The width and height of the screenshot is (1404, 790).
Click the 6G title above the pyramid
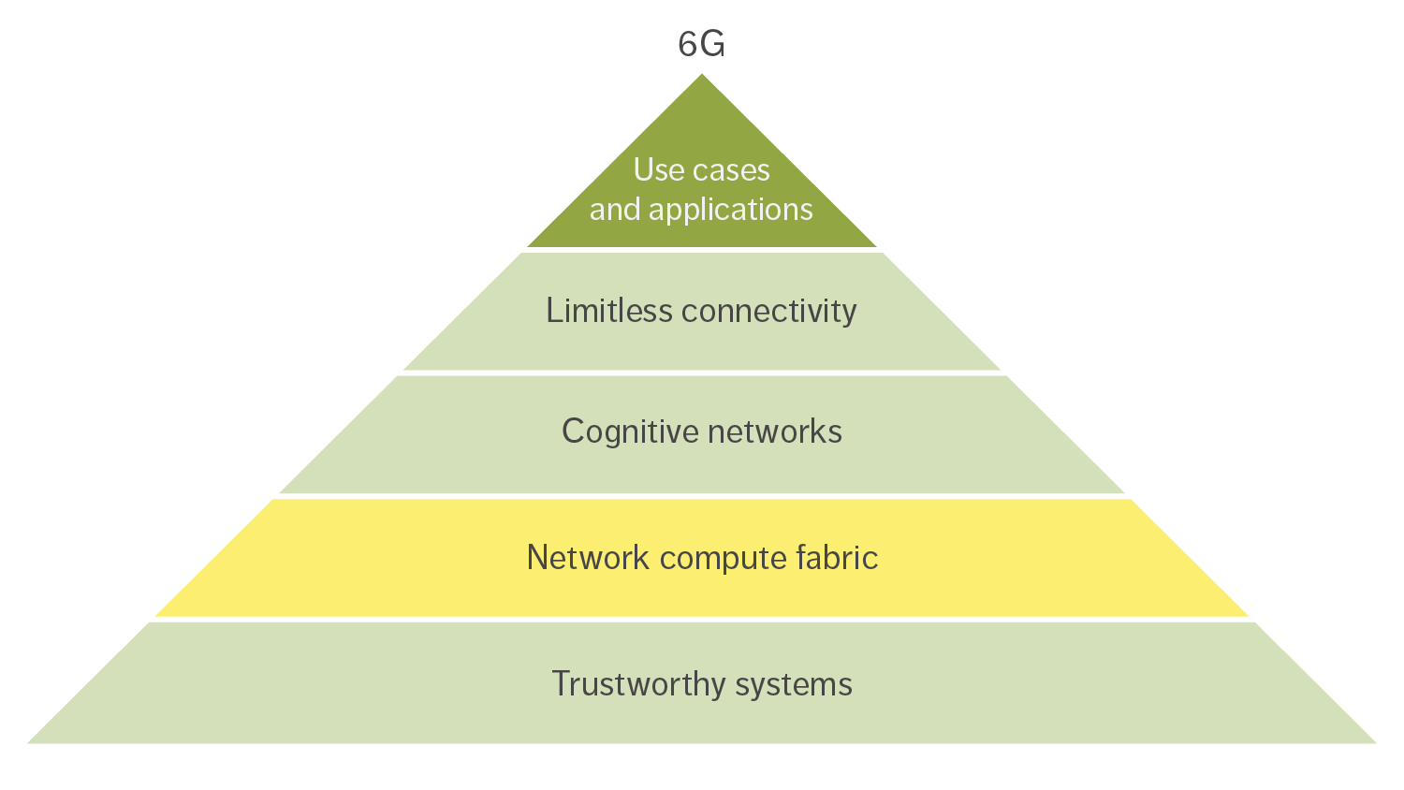(x=701, y=44)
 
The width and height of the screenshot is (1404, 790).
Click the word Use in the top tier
(x=659, y=170)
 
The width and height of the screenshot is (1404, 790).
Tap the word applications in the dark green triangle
(x=731, y=210)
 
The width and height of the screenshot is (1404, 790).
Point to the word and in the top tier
(x=615, y=210)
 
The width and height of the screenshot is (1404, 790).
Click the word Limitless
(x=609, y=311)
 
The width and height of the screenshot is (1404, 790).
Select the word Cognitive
(x=630, y=432)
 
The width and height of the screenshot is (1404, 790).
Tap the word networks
(x=775, y=432)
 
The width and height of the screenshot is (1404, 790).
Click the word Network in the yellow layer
(x=588, y=558)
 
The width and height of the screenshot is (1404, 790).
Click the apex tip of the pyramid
(x=702, y=75)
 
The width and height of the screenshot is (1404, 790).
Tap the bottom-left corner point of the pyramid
(x=28, y=743)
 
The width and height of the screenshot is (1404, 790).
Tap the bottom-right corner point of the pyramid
(x=1376, y=743)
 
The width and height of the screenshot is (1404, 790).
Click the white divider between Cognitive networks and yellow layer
(x=702, y=496)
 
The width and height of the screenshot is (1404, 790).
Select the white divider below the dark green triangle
(x=702, y=250)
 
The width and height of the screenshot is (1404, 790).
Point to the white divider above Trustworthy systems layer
(x=702, y=619)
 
